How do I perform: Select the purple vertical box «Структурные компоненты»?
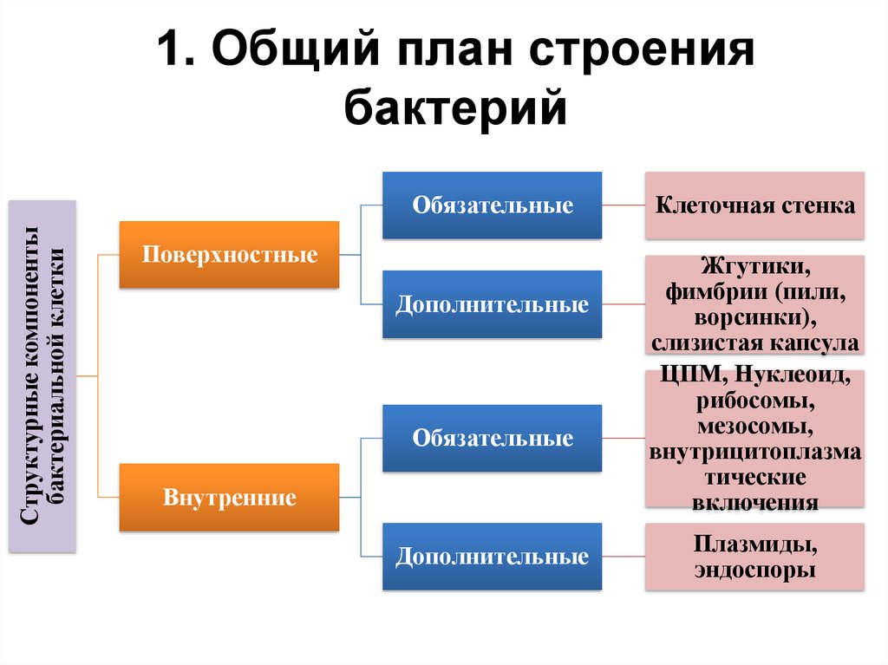(x=42, y=375)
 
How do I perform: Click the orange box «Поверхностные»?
(x=229, y=255)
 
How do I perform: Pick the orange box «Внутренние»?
(x=229, y=498)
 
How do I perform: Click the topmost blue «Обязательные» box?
(x=492, y=205)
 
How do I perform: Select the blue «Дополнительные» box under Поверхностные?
(x=492, y=304)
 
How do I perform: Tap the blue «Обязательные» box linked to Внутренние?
(x=492, y=438)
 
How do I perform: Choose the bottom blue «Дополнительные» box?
(x=492, y=556)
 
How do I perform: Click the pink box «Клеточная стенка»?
(x=754, y=205)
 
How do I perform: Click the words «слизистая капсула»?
(x=754, y=342)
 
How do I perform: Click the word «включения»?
(x=754, y=502)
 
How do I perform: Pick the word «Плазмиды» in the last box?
(x=754, y=545)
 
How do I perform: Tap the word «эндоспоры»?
(x=754, y=570)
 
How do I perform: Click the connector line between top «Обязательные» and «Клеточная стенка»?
(x=623, y=206)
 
